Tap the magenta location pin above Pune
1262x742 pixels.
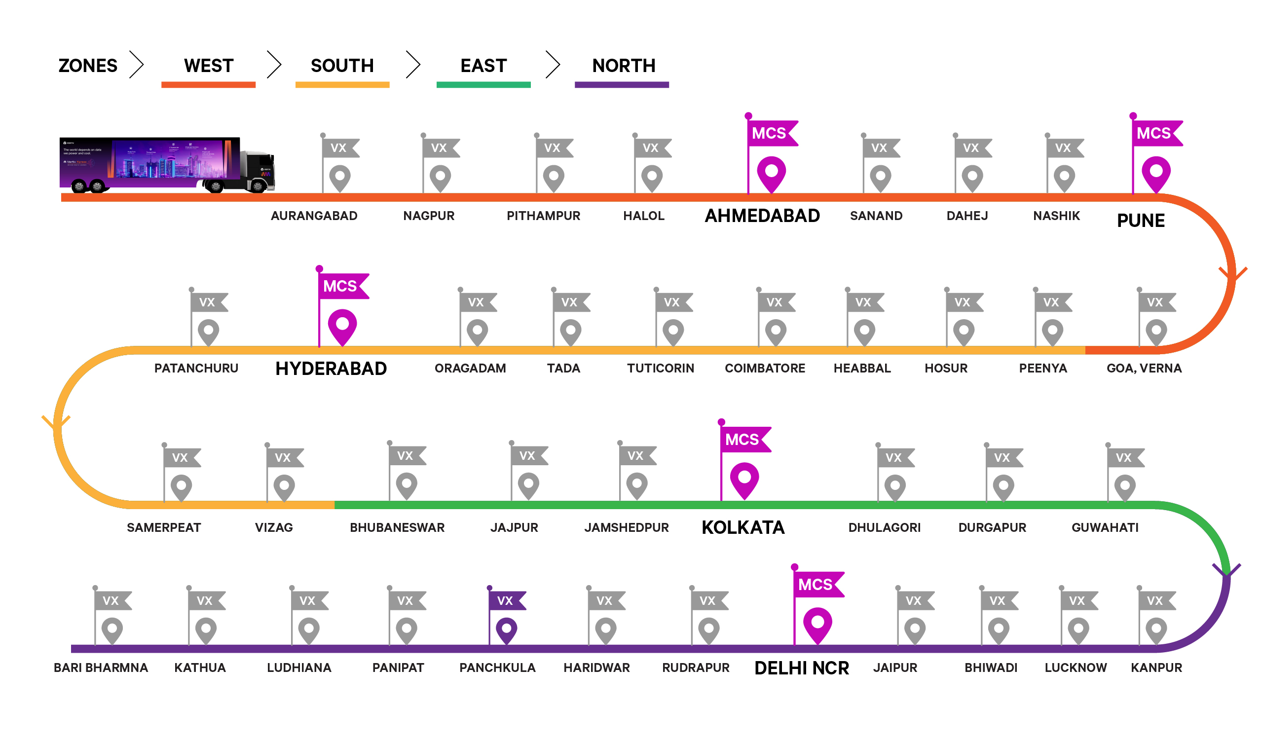tap(1156, 173)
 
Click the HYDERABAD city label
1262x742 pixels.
tap(331, 369)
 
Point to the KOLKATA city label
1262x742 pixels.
tap(743, 528)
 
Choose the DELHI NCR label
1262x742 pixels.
tap(801, 668)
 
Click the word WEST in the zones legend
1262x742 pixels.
tap(208, 66)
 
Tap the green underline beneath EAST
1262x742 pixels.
tap(483, 85)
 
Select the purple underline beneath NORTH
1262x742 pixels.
tap(622, 85)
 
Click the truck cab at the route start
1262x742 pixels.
tap(258, 170)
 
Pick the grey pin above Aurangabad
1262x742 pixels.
tap(340, 177)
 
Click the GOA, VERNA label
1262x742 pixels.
tap(1144, 369)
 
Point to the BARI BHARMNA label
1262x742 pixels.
tap(101, 668)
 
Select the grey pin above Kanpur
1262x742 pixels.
tap(1156, 630)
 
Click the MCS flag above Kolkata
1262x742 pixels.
tap(743, 440)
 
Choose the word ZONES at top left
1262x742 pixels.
tap(88, 66)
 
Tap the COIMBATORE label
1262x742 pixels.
tap(765, 369)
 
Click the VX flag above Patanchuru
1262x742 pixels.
tap(208, 302)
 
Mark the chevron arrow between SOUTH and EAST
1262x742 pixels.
tap(412, 64)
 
